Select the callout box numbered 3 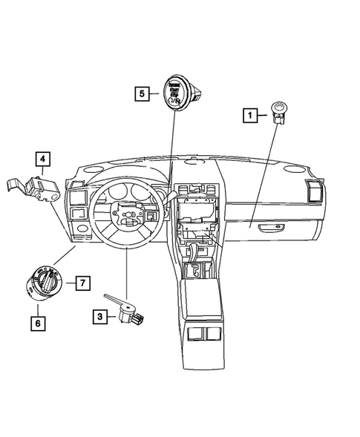pyautogui.click(x=99, y=317)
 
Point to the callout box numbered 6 pyautogui.click(x=36, y=322)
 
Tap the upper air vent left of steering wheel pyautogui.click(x=74, y=197)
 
